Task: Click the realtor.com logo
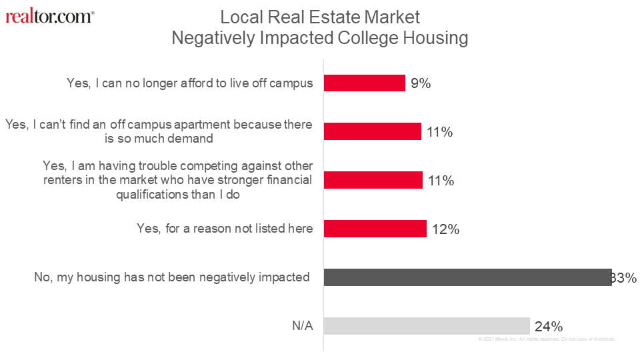tap(49, 17)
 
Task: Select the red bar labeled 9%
tap(365, 83)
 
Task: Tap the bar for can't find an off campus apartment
tap(373, 131)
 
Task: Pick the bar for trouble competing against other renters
tap(373, 180)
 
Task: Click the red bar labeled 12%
tap(375, 229)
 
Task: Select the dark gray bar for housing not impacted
tap(467, 277)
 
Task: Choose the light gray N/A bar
tap(427, 326)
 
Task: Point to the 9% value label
tap(421, 83)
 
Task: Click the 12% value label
tap(445, 229)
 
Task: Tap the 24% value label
tap(549, 327)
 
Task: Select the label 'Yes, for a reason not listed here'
tap(225, 229)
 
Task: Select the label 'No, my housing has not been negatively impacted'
tap(172, 277)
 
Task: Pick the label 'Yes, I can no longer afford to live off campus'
tap(190, 83)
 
